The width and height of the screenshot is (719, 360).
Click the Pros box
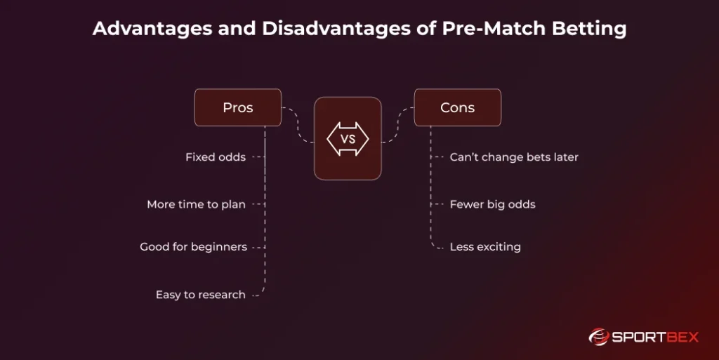237,107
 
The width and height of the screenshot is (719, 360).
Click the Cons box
457,107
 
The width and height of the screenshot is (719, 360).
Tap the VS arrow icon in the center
348,139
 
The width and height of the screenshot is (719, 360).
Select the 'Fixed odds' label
215,157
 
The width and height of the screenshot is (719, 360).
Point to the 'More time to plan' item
196,204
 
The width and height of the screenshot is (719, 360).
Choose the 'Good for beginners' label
193,247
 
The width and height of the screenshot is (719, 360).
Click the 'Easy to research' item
200,295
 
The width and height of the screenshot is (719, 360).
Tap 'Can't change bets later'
514,157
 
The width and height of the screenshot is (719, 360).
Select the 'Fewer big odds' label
492,204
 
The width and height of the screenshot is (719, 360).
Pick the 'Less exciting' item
485,247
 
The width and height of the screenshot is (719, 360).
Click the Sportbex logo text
655,337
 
